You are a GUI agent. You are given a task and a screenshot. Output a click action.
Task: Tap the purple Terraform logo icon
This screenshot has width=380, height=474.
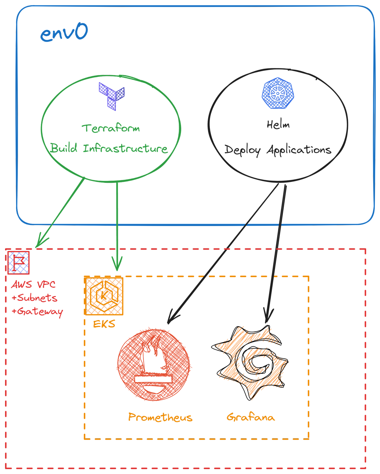click(112, 96)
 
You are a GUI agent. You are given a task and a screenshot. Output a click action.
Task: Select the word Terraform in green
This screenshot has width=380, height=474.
click(111, 129)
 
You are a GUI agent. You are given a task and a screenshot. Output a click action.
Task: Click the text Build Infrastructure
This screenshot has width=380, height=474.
click(109, 148)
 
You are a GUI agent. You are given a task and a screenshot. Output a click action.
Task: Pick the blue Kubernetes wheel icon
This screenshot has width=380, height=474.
click(278, 93)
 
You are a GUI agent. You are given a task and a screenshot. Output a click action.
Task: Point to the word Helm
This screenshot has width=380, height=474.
click(278, 124)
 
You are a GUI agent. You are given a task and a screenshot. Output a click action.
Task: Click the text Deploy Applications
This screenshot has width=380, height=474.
click(278, 150)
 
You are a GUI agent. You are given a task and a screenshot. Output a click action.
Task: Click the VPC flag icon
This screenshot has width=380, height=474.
click(18, 262)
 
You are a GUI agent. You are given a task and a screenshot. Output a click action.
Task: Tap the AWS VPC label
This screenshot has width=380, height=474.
click(33, 285)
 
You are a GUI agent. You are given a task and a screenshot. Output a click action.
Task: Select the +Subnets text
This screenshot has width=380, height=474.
click(34, 298)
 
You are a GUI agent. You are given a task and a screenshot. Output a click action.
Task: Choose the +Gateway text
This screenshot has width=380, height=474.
click(37, 312)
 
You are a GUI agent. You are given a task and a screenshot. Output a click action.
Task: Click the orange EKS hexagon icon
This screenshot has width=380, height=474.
click(104, 296)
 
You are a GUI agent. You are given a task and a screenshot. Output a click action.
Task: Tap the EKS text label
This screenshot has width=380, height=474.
click(104, 324)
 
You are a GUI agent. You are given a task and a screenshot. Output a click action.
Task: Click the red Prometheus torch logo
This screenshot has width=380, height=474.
click(154, 365)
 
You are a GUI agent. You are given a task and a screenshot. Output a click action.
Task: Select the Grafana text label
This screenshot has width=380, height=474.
click(251, 417)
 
